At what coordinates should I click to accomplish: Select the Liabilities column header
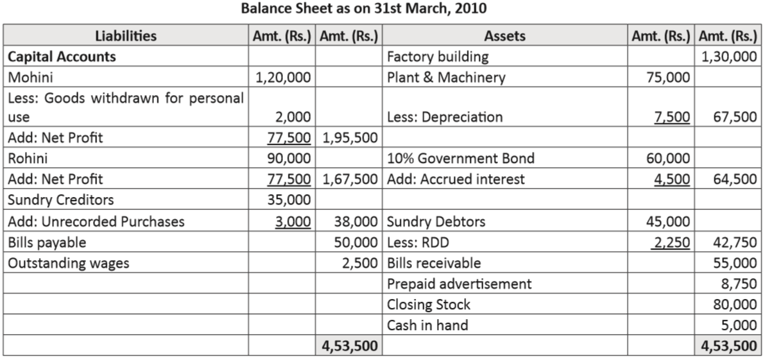pyautogui.click(x=126, y=36)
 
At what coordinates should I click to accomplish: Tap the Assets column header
pyautogui.click(x=504, y=36)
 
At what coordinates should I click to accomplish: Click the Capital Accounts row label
pyautogui.click(x=62, y=57)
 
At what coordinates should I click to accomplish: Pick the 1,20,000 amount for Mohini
pyautogui.click(x=284, y=77)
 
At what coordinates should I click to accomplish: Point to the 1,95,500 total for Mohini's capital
pyautogui.click(x=350, y=137)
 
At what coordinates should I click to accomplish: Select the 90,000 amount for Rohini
pyautogui.click(x=290, y=158)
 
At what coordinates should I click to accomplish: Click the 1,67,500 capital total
pyautogui.click(x=350, y=180)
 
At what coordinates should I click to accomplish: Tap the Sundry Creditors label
pyautogui.click(x=60, y=200)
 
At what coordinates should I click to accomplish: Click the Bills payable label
pyautogui.click(x=46, y=243)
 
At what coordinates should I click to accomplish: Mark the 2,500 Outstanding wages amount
pyautogui.click(x=361, y=263)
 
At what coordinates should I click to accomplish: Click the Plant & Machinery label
pyautogui.click(x=446, y=77)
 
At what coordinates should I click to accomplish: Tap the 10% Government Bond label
pyautogui.click(x=461, y=158)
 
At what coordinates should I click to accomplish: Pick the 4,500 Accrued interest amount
pyautogui.click(x=672, y=180)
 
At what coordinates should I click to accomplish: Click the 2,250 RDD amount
pyautogui.click(x=671, y=243)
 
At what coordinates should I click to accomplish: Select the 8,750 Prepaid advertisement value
pyautogui.click(x=739, y=284)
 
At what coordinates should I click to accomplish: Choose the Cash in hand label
pyautogui.click(x=427, y=325)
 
